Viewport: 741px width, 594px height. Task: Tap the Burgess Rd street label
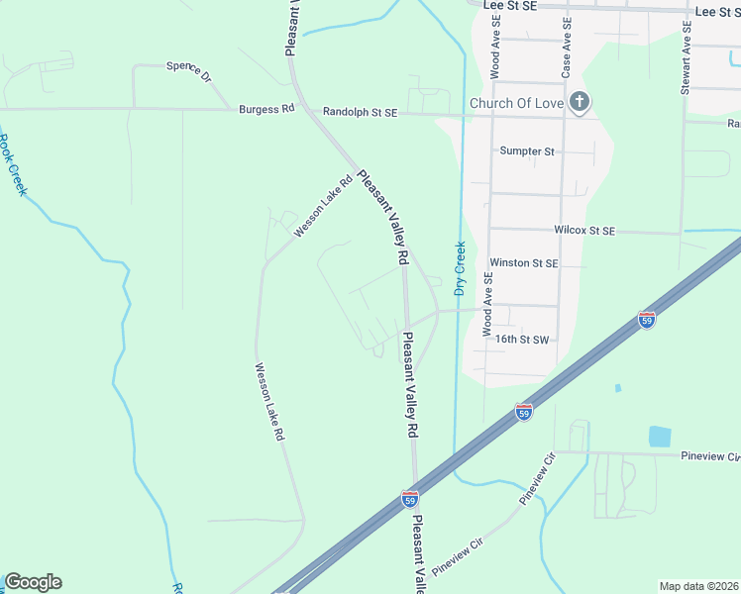coord(266,110)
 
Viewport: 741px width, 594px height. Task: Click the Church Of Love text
coord(516,103)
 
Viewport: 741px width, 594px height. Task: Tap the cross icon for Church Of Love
coord(581,102)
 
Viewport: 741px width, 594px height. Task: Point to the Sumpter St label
coord(527,151)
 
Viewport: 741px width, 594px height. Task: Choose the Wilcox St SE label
coord(584,231)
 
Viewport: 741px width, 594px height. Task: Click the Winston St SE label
coord(524,263)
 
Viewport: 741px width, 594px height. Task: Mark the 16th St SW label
coord(522,339)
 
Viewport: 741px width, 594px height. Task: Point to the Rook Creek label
coord(13,165)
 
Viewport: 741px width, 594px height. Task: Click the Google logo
coord(33,582)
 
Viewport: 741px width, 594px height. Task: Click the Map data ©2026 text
coord(697,586)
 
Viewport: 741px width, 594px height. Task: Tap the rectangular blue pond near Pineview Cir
coord(659,436)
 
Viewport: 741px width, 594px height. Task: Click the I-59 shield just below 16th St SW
coord(524,411)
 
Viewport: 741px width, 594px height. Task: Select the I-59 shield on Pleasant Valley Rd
coord(410,499)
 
